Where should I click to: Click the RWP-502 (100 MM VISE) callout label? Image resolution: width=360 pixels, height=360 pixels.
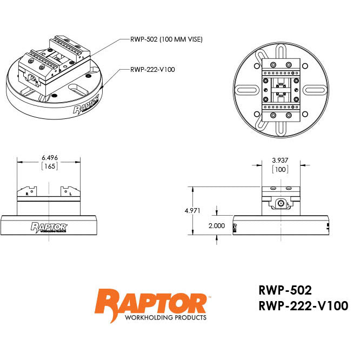coord(166,39)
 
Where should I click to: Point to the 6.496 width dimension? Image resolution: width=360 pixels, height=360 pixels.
coord(49,158)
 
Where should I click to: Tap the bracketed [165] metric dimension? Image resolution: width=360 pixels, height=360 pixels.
coord(49,167)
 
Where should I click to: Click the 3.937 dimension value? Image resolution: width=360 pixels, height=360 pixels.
coord(279,160)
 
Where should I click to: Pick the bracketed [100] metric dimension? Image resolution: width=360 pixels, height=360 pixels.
coord(279,169)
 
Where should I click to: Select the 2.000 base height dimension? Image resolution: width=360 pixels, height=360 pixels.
coord(216,225)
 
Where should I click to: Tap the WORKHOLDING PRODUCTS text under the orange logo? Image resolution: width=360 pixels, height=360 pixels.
coord(165,318)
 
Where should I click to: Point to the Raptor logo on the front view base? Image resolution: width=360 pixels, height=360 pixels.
coord(49,227)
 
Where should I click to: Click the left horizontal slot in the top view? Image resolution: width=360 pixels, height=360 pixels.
coord(248,90)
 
